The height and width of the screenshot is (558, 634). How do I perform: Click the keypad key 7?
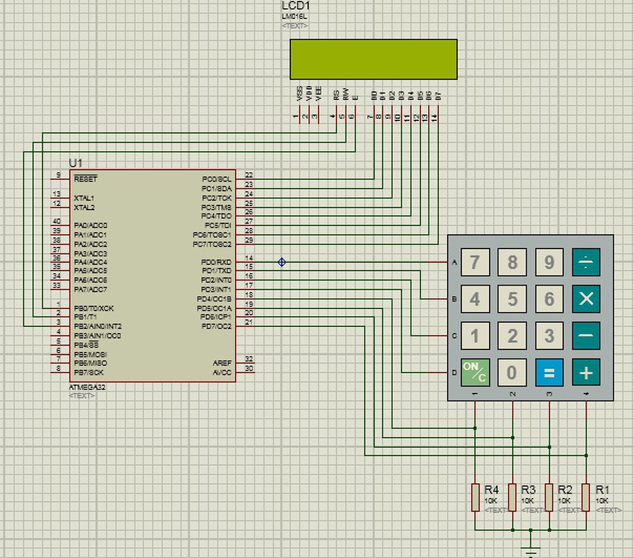(x=475, y=262)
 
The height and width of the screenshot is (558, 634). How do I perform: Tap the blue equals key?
(x=549, y=373)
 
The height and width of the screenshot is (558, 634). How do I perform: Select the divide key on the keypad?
(x=586, y=262)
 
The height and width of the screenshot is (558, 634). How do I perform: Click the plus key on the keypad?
(x=586, y=373)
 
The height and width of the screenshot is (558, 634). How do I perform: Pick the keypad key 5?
(x=512, y=299)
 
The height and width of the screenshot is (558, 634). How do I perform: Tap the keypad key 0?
(x=512, y=373)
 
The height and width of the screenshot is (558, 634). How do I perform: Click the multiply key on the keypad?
(x=586, y=299)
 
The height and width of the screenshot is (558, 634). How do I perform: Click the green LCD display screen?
(x=373, y=59)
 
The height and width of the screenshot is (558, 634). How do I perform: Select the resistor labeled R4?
(x=475, y=497)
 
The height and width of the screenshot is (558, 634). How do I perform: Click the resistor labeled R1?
(x=586, y=497)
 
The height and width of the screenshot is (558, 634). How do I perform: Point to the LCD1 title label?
(x=295, y=6)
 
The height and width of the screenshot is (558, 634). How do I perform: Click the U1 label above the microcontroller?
(x=75, y=163)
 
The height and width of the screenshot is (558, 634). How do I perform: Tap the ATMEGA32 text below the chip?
(x=87, y=387)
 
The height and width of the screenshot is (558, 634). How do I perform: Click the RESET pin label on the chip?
(x=86, y=179)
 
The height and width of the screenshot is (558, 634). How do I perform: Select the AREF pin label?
(x=222, y=363)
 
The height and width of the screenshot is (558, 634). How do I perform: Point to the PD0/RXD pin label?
(x=216, y=262)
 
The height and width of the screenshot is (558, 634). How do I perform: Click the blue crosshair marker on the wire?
(x=282, y=262)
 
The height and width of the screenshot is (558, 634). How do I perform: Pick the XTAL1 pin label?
(x=84, y=198)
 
